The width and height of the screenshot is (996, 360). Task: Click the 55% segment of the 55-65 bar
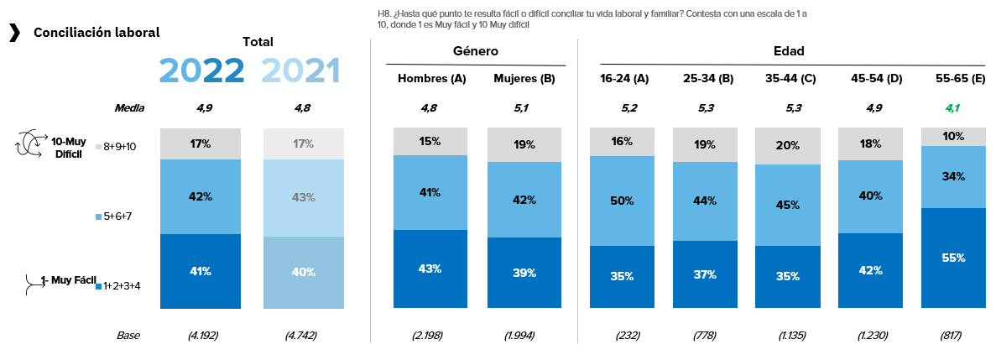click(x=952, y=258)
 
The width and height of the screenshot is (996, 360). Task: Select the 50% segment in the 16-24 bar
click(x=622, y=201)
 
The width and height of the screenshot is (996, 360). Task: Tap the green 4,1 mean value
click(x=952, y=107)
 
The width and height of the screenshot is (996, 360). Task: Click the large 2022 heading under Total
click(x=201, y=70)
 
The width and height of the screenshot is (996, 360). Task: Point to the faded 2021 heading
click(x=300, y=70)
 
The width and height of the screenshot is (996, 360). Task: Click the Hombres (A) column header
click(x=431, y=78)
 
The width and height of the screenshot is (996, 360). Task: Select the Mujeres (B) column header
click(x=524, y=78)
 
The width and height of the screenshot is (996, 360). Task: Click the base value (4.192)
click(x=202, y=336)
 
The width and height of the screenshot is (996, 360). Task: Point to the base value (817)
click(x=952, y=336)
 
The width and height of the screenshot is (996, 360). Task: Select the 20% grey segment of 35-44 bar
click(x=788, y=145)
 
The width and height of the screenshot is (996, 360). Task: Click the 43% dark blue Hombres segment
click(x=431, y=269)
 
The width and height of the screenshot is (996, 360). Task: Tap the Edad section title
click(x=789, y=51)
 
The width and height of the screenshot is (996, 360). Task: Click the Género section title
click(x=476, y=51)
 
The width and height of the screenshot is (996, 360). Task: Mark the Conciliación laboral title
click(x=96, y=33)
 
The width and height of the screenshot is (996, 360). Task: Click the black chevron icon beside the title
click(x=14, y=33)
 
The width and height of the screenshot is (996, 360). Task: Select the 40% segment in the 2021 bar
click(x=304, y=272)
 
